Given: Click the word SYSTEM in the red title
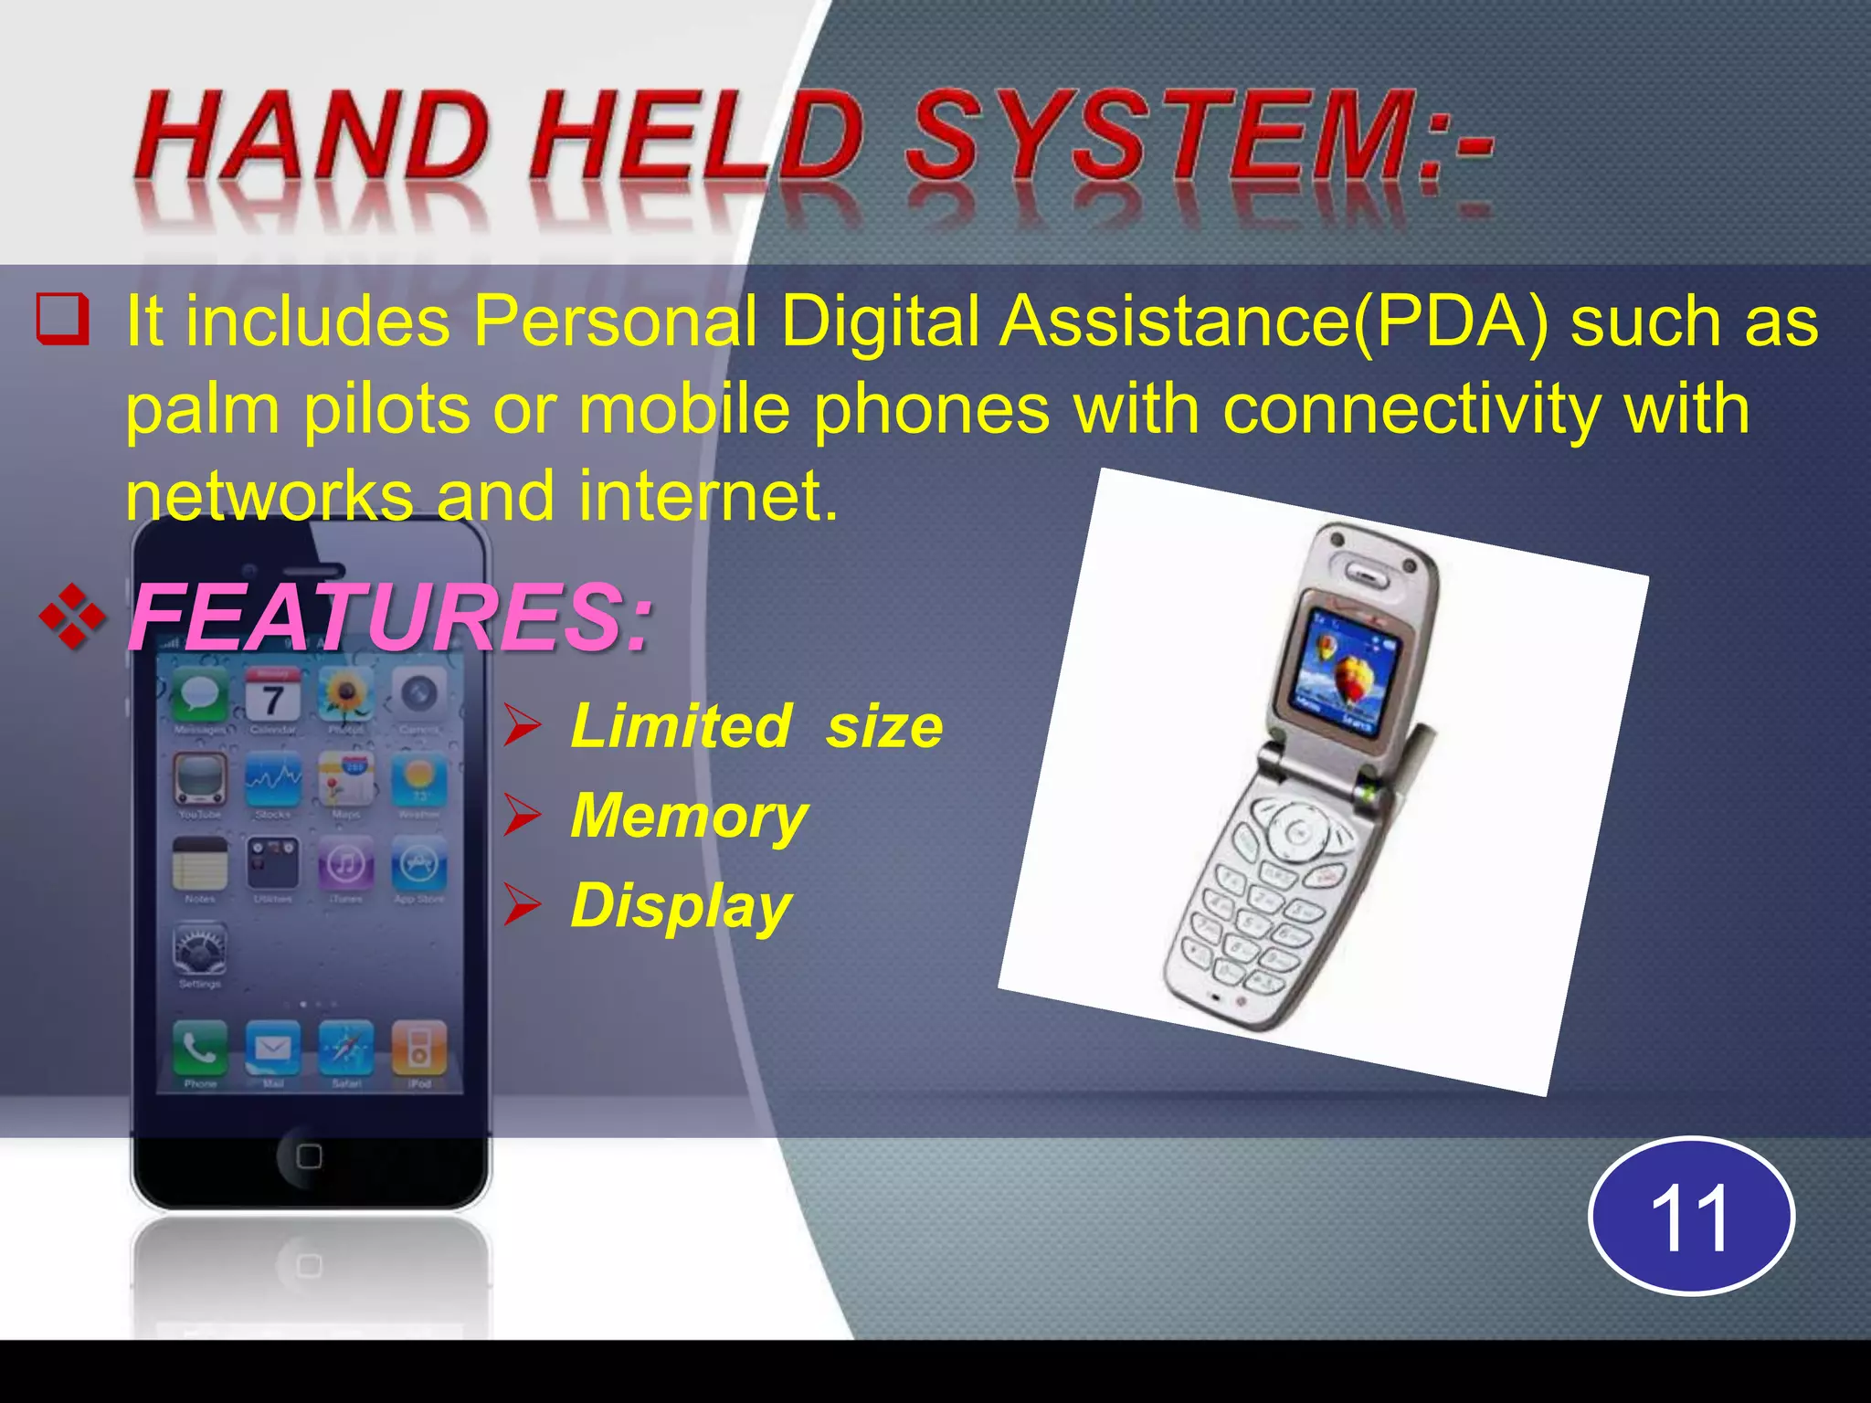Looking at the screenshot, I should click(1160, 137).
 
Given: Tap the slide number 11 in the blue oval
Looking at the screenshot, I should click(1691, 1217).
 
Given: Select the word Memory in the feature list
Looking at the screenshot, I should click(689, 816).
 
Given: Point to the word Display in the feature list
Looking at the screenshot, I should click(681, 906).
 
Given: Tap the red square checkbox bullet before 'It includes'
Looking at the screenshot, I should click(63, 319).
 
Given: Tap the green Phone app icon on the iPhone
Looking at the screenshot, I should click(200, 1049).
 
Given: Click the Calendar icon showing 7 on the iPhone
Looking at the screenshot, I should click(272, 696).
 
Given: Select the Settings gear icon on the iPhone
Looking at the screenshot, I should click(200, 950).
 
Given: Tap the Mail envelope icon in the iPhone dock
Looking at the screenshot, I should click(272, 1049).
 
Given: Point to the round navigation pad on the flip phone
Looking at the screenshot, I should click(1296, 831).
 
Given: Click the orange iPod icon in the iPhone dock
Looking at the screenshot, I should click(418, 1049).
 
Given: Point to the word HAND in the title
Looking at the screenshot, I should click(311, 137).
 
